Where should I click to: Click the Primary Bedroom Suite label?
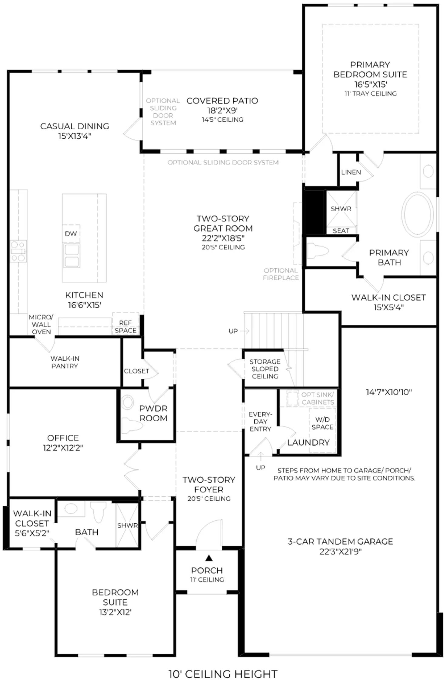pyautogui.click(x=370, y=70)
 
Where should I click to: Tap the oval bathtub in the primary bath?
pyautogui.click(x=418, y=214)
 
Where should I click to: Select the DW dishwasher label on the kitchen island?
pyautogui.click(x=71, y=233)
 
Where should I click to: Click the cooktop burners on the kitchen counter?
pyautogui.click(x=18, y=251)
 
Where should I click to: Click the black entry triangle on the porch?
pyautogui.click(x=209, y=558)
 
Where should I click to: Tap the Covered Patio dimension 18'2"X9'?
pyautogui.click(x=222, y=110)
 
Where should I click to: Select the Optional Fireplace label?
pyautogui.click(x=281, y=274)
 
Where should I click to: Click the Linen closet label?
pyautogui.click(x=351, y=172)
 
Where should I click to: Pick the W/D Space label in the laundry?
pyautogui.click(x=322, y=423)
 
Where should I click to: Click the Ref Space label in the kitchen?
pyautogui.click(x=126, y=327)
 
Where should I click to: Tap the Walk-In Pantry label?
pyautogui.click(x=65, y=362)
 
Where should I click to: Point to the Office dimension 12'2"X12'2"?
pyautogui.click(x=63, y=448)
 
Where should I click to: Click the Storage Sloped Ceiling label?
pyautogui.click(x=265, y=369)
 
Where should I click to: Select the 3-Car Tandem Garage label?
pyautogui.click(x=340, y=541)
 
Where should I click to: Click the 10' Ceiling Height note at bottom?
pyautogui.click(x=223, y=674)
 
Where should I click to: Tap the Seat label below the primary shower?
pyautogui.click(x=341, y=231)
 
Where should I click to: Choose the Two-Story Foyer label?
pyautogui.click(x=209, y=484)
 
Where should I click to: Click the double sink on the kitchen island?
pyautogui.click(x=72, y=255)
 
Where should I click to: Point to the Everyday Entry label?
pyautogui.click(x=260, y=422)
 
